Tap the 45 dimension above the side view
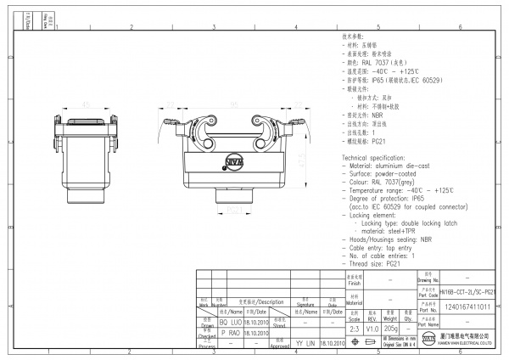click(86, 105)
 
